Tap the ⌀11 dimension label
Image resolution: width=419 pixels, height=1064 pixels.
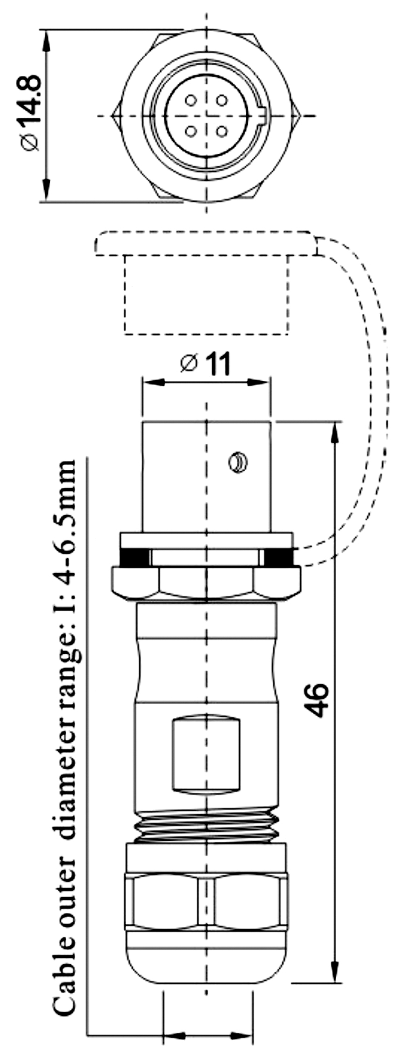(205, 364)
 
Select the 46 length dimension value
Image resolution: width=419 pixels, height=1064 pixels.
(318, 700)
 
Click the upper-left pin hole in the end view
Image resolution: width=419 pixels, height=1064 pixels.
(191, 100)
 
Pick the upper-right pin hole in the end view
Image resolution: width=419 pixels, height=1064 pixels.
(222, 100)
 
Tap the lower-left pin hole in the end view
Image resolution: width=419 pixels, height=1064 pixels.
(191, 131)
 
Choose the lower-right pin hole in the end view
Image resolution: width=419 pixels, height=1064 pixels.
(222, 131)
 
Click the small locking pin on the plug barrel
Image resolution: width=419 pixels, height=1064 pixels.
(237, 463)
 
